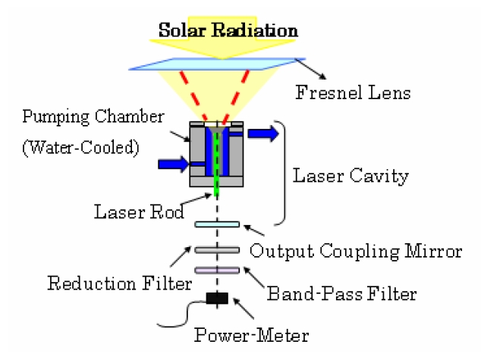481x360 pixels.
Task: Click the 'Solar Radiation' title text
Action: coord(228,30)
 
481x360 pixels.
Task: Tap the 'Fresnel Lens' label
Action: coord(353,92)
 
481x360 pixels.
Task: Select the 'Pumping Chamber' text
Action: coord(93,117)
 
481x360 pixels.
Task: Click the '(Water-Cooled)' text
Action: coord(80,147)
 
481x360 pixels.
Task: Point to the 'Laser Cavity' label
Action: coord(351,176)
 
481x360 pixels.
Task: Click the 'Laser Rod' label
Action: coord(139,211)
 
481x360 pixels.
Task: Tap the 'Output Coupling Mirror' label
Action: coord(356,251)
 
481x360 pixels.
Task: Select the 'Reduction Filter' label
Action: coord(120,283)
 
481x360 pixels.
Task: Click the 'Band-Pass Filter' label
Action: coord(341,293)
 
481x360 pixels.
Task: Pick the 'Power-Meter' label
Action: coord(252,335)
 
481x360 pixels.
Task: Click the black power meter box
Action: coord(217,298)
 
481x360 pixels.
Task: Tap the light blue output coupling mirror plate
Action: coord(217,224)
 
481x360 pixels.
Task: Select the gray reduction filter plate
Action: coord(217,250)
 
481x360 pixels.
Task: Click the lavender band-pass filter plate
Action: coord(217,270)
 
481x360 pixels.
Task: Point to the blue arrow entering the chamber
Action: coord(174,164)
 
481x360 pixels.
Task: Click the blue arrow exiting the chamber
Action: coord(263,133)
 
